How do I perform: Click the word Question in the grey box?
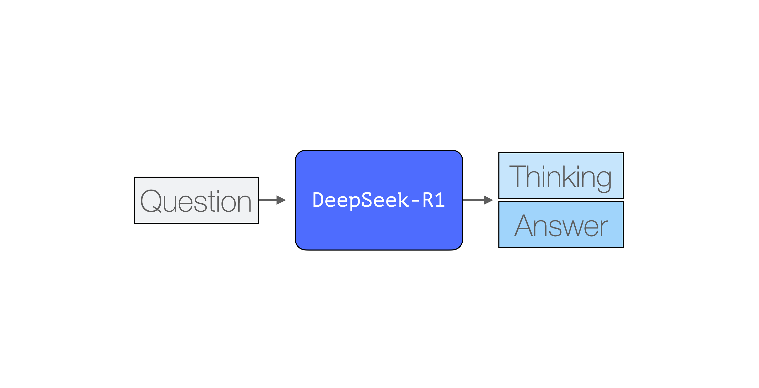point(196,201)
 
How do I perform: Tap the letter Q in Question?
point(151,201)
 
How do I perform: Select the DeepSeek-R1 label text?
point(379,200)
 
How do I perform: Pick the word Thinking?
point(560,177)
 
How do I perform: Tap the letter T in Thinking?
point(518,176)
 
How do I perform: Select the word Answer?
point(561,226)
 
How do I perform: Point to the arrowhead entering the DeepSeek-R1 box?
point(281,200)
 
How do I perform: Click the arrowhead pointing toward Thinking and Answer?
point(488,200)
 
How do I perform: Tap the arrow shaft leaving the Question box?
point(268,200)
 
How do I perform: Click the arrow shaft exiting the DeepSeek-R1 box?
point(473,200)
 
